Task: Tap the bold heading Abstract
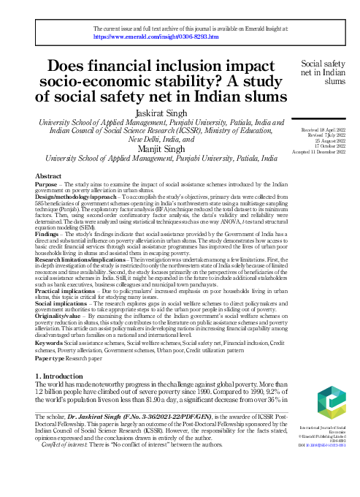(48, 177)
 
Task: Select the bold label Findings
(50, 232)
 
